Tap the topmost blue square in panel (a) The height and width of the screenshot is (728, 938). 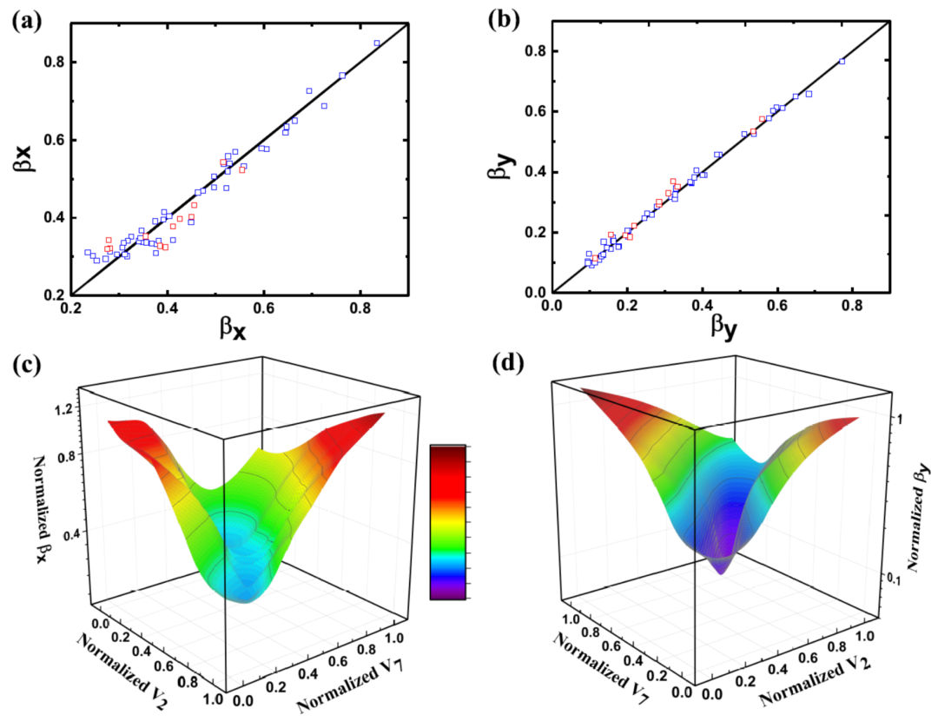click(377, 43)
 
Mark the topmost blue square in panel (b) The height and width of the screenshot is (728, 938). click(842, 61)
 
